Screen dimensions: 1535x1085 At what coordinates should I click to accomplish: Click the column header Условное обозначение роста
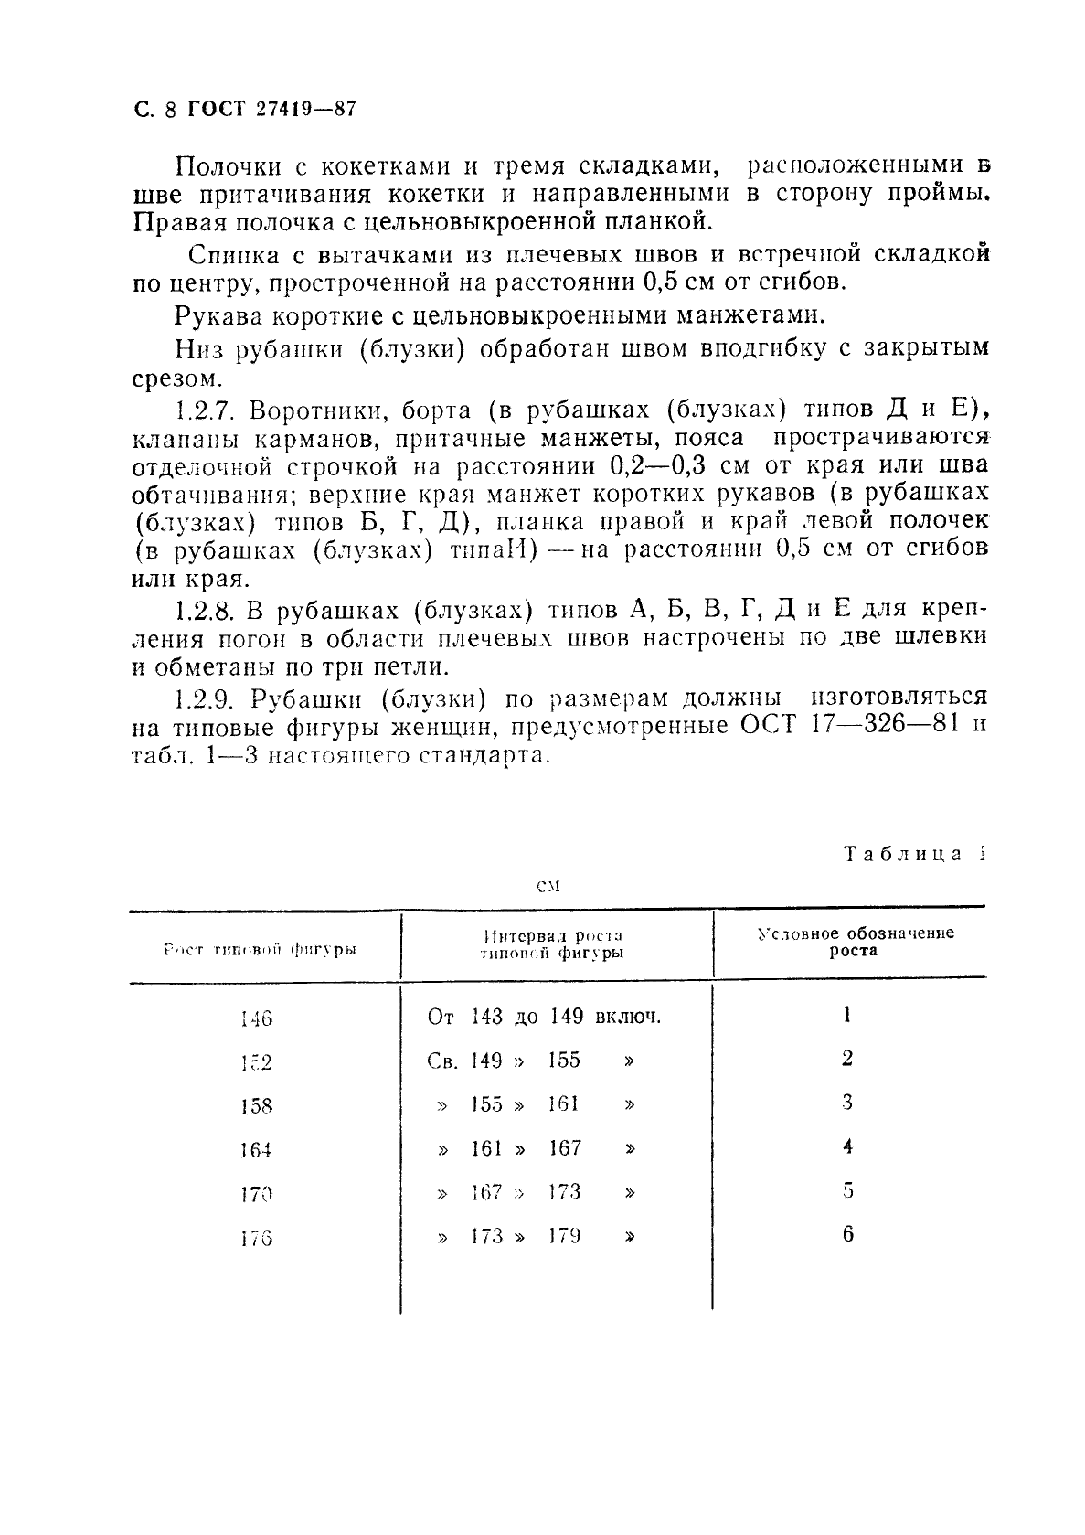(856, 942)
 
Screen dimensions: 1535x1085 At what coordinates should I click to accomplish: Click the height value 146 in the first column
(257, 1018)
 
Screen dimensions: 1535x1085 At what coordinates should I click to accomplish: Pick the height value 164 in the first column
(257, 1150)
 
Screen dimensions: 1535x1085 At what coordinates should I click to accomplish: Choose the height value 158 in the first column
(257, 1106)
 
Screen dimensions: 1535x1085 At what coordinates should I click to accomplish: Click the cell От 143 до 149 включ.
(544, 1017)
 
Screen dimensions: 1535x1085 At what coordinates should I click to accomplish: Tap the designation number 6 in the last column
(848, 1234)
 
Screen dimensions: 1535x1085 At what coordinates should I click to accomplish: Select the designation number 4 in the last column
(848, 1146)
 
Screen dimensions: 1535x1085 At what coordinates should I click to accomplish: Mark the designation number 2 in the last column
(848, 1059)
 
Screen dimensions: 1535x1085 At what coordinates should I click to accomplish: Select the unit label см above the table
(547, 886)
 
